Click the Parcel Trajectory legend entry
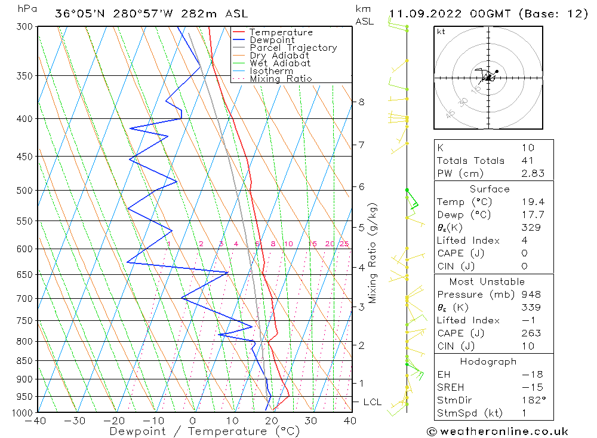[x=293, y=48]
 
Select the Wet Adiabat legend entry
[x=279, y=63]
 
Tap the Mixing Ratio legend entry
[x=280, y=79]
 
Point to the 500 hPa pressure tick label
[x=24, y=191]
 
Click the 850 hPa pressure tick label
[x=24, y=361]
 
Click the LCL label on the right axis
[x=372, y=402]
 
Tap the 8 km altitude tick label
[x=361, y=102]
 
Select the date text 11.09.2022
[x=426, y=13]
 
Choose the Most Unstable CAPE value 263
[x=530, y=333]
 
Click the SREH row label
[x=450, y=387]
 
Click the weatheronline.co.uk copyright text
[x=497, y=431]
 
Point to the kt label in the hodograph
[x=441, y=32]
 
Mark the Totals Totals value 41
[x=527, y=160]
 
